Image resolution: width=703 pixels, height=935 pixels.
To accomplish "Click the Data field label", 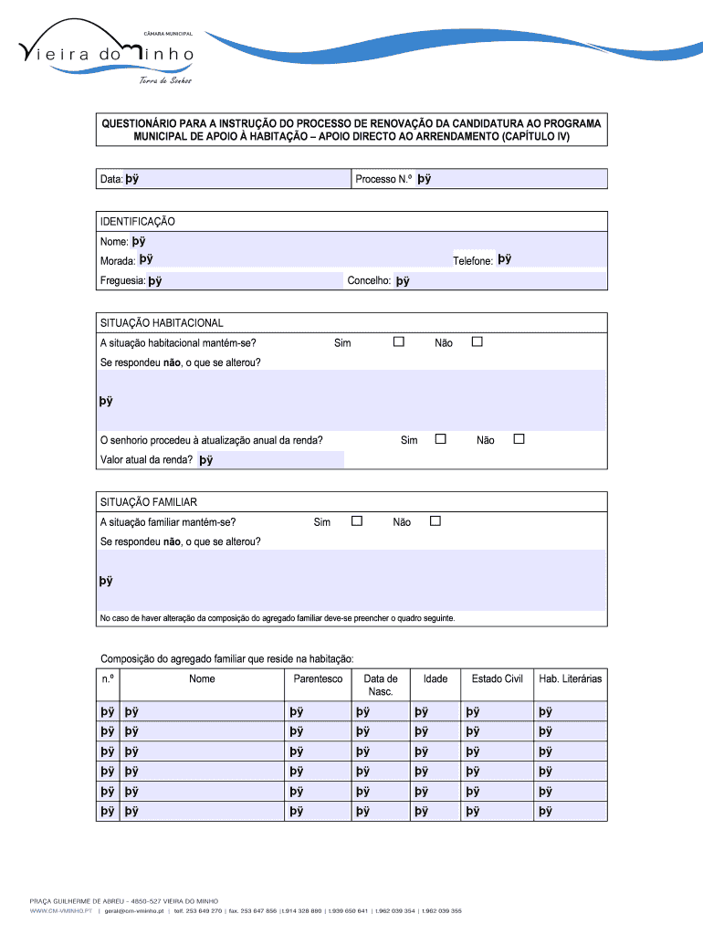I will (111, 180).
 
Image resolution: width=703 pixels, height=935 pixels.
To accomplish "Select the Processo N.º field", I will (511, 180).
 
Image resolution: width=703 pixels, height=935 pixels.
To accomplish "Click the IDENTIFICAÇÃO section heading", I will (138, 222).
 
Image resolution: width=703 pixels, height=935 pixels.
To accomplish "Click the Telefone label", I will (473, 261).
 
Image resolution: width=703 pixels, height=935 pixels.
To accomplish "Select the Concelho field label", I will (369, 281).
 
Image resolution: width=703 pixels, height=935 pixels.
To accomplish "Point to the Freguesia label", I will (122, 281).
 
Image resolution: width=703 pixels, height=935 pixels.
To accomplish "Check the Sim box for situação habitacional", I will (398, 341).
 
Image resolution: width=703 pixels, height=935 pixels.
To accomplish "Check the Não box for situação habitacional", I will (476, 341).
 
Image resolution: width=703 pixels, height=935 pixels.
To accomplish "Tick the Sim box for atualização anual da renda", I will (441, 439).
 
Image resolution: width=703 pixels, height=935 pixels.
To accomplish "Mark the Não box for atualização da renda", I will (519, 439).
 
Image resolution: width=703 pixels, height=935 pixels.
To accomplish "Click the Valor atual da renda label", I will (146, 460).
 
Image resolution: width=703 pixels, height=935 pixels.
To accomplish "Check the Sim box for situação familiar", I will (357, 521).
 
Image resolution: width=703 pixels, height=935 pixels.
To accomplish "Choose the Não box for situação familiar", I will (435, 521).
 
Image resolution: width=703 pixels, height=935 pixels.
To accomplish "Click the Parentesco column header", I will (318, 678).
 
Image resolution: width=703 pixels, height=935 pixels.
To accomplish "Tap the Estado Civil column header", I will (497, 678).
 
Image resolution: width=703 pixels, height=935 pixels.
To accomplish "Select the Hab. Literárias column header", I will (571, 678).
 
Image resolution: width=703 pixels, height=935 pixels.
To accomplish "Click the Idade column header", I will (435, 678).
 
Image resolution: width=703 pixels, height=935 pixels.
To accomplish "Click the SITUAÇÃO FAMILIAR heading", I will (148, 502).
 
